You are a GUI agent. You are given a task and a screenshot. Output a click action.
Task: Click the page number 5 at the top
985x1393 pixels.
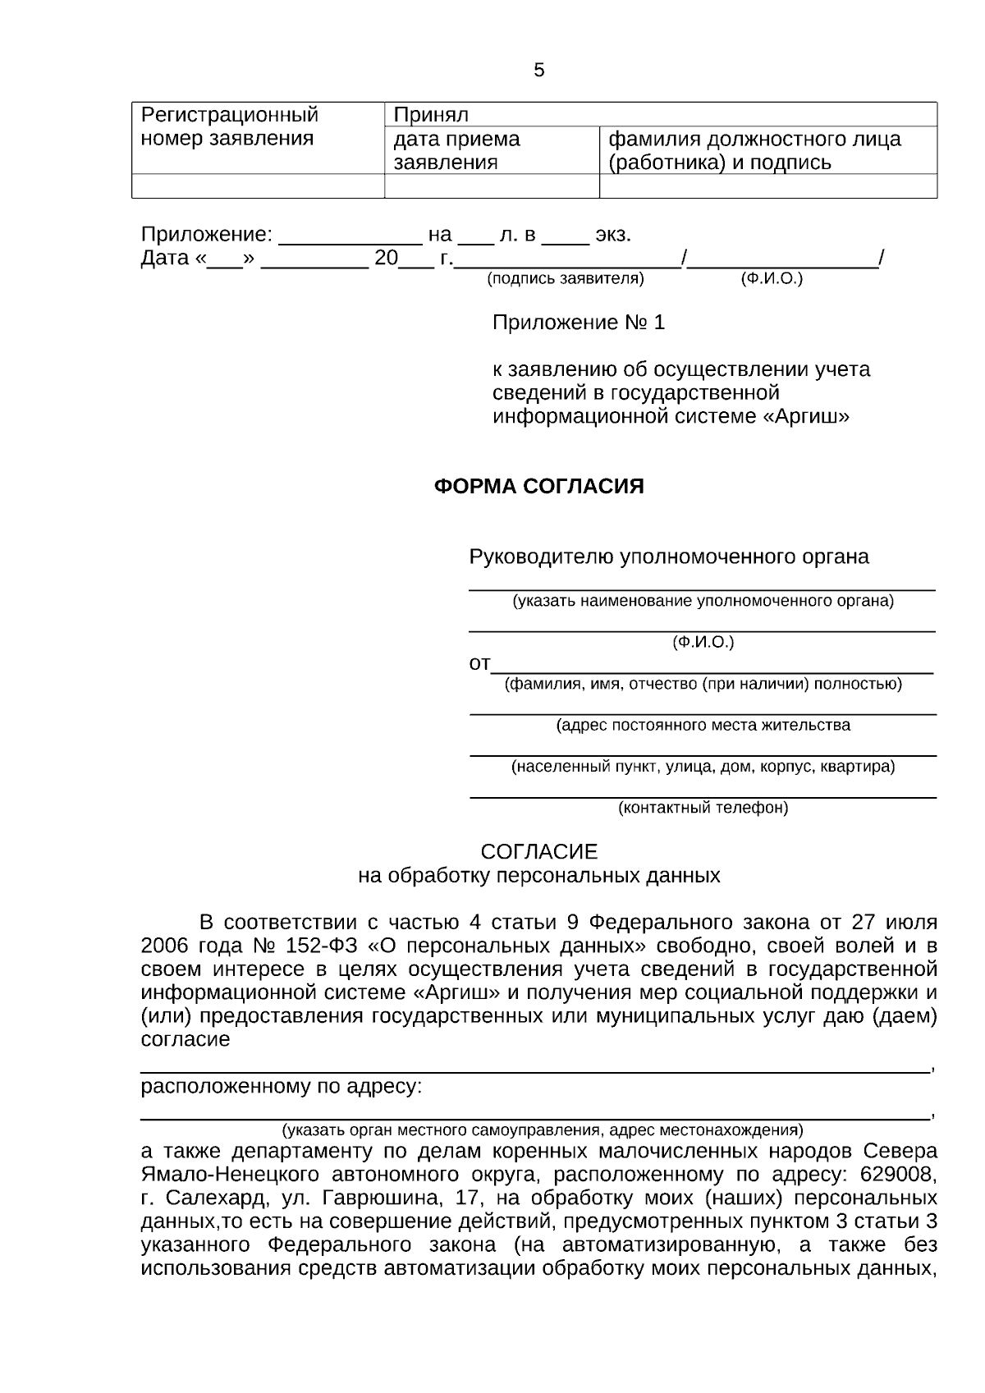click(x=538, y=71)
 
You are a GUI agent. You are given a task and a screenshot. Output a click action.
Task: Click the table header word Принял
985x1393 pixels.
click(x=431, y=115)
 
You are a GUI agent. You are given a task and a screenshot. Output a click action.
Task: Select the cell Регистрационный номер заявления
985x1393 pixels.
click(x=229, y=126)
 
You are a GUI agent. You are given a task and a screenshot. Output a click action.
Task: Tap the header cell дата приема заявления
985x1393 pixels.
click(x=456, y=150)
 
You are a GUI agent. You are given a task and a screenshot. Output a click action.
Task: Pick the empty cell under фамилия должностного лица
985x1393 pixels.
click(x=767, y=186)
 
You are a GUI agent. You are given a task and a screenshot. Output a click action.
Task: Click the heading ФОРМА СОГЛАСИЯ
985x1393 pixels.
click(x=538, y=487)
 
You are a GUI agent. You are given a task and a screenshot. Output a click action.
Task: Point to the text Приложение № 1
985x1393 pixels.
click(x=578, y=323)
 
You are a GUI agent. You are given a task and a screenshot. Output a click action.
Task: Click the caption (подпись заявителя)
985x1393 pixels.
click(x=566, y=279)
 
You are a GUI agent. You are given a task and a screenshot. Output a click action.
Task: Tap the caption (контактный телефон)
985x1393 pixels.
click(x=703, y=808)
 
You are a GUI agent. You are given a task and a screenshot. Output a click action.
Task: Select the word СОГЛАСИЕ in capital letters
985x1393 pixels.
click(x=538, y=851)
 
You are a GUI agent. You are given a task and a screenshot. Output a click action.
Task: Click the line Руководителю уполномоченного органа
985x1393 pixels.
click(x=668, y=557)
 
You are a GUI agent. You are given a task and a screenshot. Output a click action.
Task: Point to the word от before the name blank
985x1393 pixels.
click(x=479, y=663)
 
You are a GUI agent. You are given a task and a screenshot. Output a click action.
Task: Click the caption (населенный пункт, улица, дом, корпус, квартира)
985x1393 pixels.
click(x=703, y=767)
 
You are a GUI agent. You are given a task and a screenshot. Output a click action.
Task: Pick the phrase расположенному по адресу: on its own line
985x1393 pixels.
click(x=282, y=1088)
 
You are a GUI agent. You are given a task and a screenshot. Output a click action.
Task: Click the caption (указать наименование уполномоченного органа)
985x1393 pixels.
click(x=703, y=601)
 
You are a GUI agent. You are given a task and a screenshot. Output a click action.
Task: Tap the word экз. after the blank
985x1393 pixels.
click(x=613, y=235)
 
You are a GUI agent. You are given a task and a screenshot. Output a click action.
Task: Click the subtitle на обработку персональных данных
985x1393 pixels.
click(x=538, y=876)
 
